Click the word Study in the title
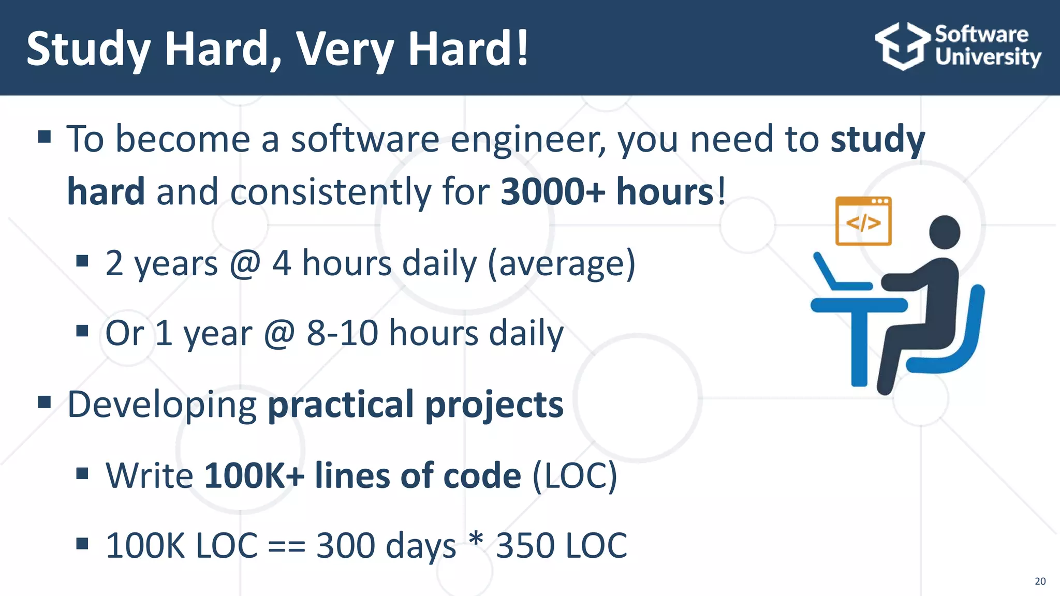[x=89, y=49]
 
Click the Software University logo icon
[x=902, y=46]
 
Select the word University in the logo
[x=988, y=57]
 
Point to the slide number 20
[x=1040, y=581]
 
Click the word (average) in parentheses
[x=561, y=264]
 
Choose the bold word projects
[x=494, y=405]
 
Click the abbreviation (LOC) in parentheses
[x=575, y=475]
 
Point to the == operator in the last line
[x=287, y=546]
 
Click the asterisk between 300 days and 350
[x=476, y=541]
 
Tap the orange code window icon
[x=863, y=221]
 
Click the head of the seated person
[x=945, y=232]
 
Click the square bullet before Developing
[x=45, y=401]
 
